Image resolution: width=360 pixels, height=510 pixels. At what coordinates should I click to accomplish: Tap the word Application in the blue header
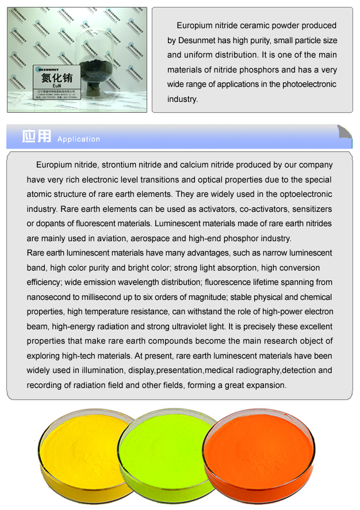pos(79,139)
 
